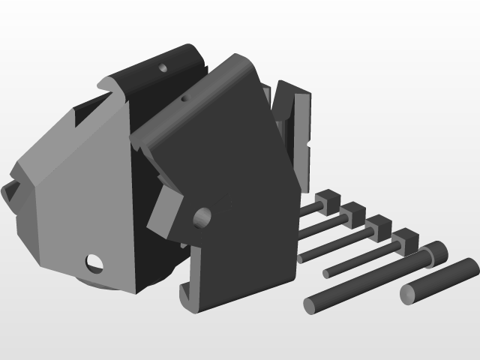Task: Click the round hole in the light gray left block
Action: tap(95, 262)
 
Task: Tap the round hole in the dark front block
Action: tap(202, 218)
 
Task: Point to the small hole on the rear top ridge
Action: tap(163, 67)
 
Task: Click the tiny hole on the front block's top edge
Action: tap(185, 99)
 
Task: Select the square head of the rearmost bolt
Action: tap(327, 201)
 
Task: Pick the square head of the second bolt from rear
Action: tap(352, 213)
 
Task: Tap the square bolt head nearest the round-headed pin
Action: tap(404, 241)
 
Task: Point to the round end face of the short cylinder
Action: tap(409, 295)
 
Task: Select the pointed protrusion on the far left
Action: tap(9, 192)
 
